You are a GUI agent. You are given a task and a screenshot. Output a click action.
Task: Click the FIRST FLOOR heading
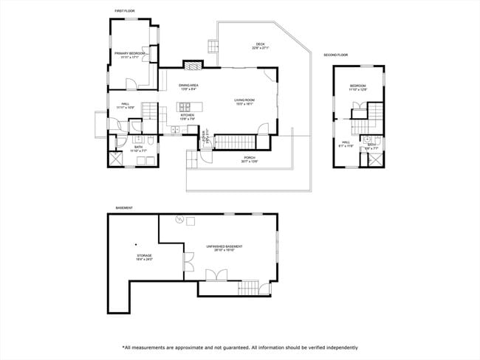[124, 11]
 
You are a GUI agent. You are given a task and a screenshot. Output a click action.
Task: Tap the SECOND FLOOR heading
[336, 55]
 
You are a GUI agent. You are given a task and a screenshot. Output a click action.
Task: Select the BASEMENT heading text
[124, 208]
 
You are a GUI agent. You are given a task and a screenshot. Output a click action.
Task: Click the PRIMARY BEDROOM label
[129, 54]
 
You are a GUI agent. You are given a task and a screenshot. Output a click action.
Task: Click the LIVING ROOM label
[244, 100]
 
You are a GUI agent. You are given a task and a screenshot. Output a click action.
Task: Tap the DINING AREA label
[188, 86]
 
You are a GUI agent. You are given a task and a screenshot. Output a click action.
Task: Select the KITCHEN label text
[188, 115]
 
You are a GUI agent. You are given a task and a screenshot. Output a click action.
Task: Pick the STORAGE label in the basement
[144, 256]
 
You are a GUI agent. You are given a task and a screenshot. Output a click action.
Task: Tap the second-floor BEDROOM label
[358, 87]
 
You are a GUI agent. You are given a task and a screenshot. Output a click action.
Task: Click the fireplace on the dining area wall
[191, 65]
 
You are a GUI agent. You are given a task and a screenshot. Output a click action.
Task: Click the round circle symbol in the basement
[178, 219]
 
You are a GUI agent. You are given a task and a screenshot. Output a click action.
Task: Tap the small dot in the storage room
[136, 244]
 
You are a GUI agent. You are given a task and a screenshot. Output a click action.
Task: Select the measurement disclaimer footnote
[240, 347]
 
